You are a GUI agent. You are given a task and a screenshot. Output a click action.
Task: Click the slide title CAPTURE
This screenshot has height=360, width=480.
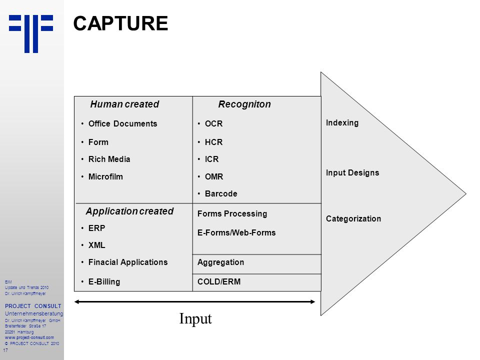click(x=120, y=23)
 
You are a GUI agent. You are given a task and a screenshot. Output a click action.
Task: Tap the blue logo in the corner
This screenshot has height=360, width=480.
click(x=31, y=33)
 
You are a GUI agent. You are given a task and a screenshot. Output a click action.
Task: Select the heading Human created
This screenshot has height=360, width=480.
click(x=124, y=104)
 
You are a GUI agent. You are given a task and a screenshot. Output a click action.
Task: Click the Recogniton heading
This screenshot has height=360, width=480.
click(x=244, y=104)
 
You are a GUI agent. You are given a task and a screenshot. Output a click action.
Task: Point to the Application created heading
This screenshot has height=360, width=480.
click(x=129, y=211)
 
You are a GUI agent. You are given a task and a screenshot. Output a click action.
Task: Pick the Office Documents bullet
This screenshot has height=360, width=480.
click(x=123, y=123)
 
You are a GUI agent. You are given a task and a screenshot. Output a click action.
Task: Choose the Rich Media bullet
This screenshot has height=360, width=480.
click(x=109, y=159)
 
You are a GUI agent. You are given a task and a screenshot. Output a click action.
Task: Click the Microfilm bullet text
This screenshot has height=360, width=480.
click(x=105, y=176)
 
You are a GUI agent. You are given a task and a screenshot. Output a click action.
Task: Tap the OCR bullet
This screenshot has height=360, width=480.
click(x=213, y=123)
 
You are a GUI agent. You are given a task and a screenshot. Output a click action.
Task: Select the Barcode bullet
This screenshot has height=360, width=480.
click(x=221, y=193)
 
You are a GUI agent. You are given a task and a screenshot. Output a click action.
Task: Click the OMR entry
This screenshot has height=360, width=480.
click(x=214, y=176)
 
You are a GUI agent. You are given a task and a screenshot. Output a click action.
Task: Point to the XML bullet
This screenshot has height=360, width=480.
click(x=96, y=245)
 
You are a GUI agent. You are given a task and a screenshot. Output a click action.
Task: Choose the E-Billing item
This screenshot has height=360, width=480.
click(x=104, y=281)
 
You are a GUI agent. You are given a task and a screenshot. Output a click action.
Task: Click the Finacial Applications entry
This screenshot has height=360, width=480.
click(x=128, y=262)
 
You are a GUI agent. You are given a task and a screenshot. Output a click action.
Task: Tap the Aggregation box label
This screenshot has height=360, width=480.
click(x=220, y=262)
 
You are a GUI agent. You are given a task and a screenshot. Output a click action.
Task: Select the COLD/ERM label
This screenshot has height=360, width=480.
click(x=219, y=281)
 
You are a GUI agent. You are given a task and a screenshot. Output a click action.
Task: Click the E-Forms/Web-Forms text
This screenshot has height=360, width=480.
click(x=236, y=232)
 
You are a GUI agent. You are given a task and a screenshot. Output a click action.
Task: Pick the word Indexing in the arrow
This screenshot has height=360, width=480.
click(x=342, y=123)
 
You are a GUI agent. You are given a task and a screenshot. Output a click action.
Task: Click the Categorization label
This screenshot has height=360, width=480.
click(x=353, y=218)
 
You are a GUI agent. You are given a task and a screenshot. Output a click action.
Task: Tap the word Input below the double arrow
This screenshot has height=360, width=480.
click(x=195, y=319)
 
